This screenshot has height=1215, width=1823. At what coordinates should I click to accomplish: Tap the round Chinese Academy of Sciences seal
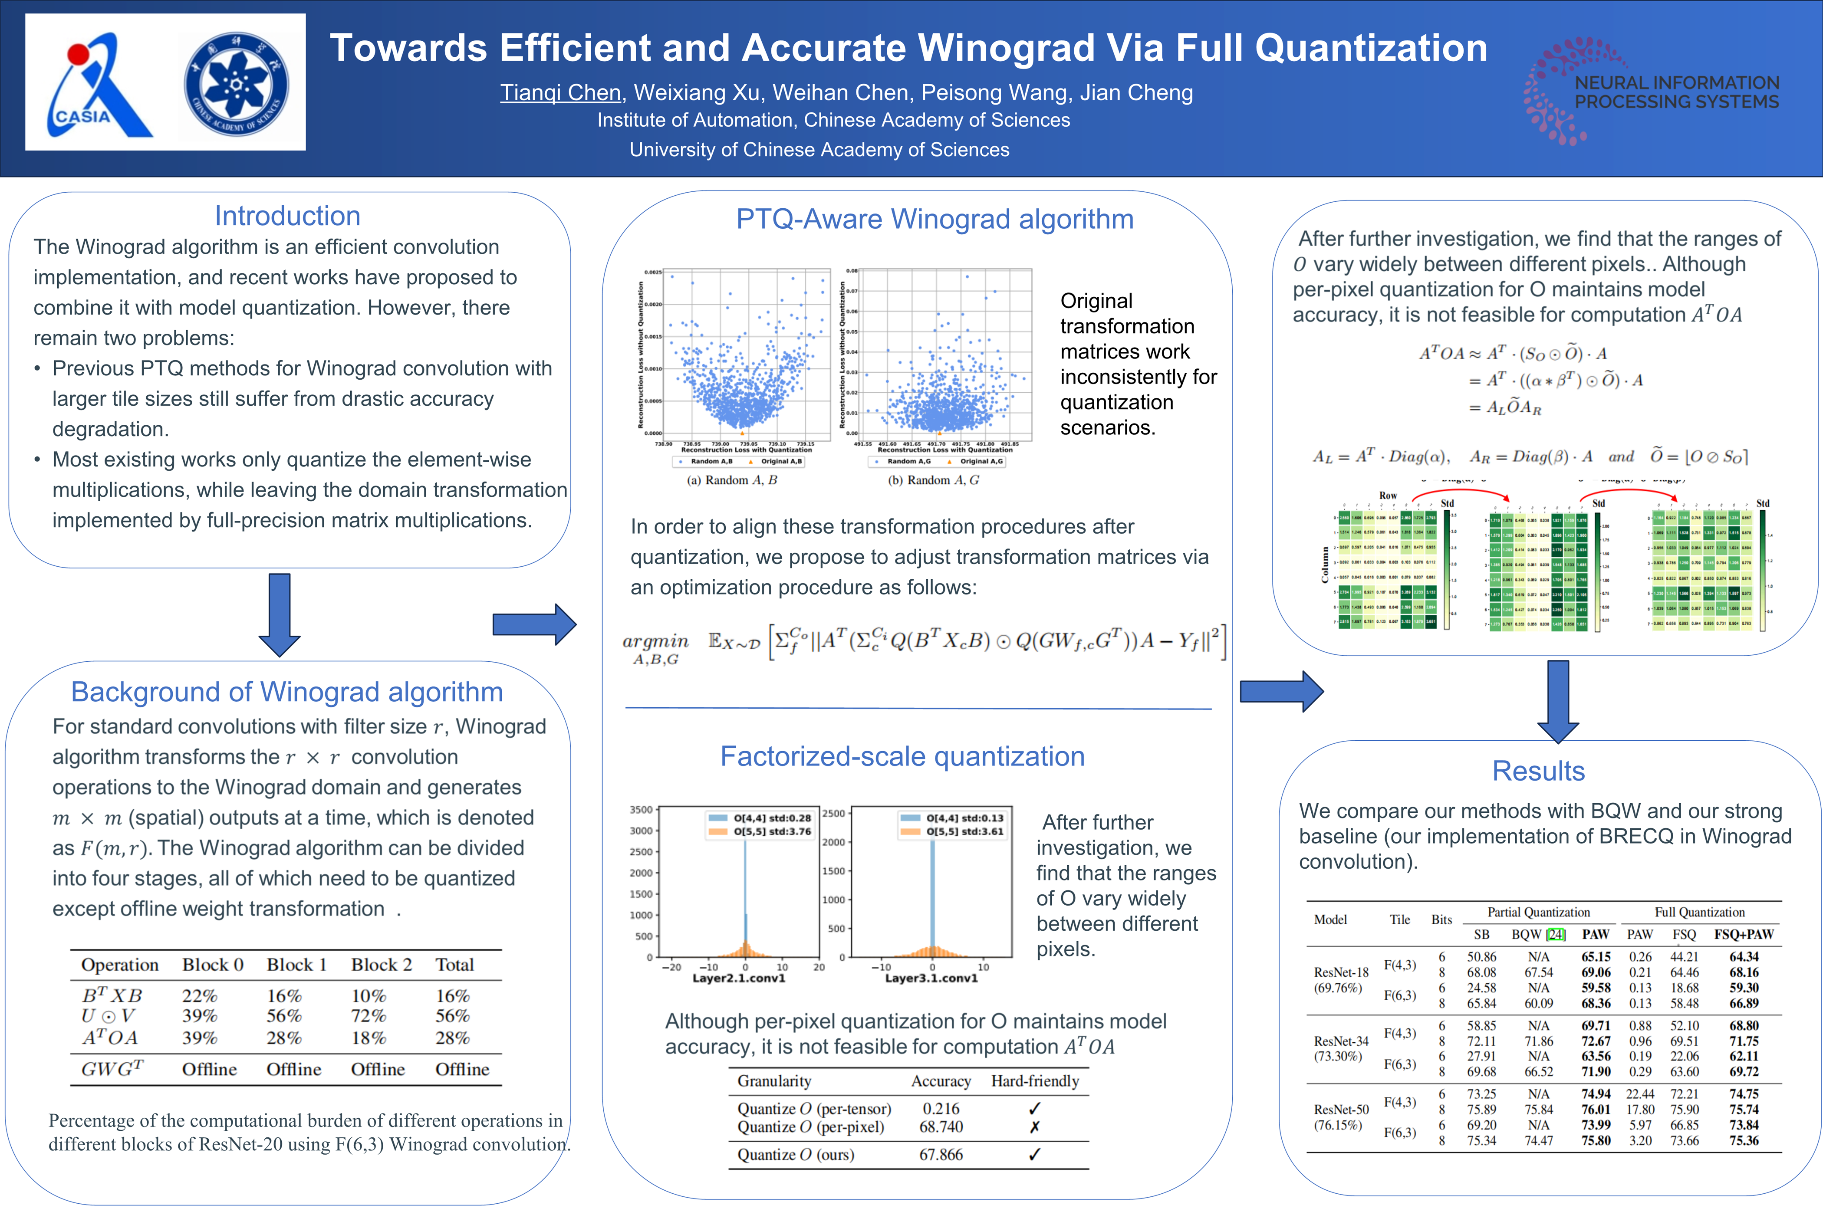(237, 84)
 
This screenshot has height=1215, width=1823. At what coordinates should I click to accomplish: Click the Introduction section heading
(287, 215)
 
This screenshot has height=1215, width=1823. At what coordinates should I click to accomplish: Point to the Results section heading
(1539, 771)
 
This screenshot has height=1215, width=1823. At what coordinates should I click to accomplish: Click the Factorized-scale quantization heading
(902, 756)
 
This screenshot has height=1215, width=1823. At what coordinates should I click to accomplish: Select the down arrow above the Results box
(1558, 701)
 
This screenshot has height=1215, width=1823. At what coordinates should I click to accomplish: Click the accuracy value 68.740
(941, 1126)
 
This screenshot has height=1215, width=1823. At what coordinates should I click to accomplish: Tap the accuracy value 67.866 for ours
(941, 1155)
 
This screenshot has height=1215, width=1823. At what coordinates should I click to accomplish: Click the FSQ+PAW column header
(1744, 935)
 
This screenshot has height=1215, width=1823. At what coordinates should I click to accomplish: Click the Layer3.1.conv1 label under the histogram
(931, 979)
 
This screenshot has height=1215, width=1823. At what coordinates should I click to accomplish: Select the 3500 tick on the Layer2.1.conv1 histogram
(641, 810)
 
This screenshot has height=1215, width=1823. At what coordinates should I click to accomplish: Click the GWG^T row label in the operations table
(112, 1069)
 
